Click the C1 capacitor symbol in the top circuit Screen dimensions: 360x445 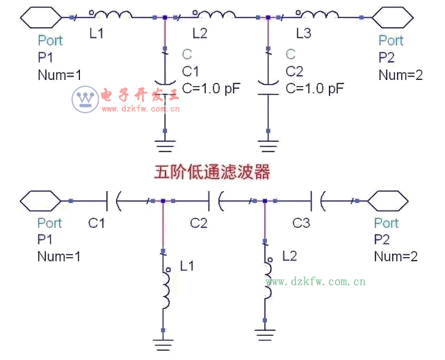[x=165, y=82]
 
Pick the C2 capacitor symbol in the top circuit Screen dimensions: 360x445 [x=268, y=82]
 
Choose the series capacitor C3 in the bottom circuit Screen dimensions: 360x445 [x=318, y=202]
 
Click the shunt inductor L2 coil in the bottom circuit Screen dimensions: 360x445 [x=266, y=284]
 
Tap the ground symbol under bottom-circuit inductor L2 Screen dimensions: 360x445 [x=265, y=336]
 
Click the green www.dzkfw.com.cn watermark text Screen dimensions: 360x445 [x=316, y=281]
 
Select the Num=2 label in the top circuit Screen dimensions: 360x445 [x=400, y=75]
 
